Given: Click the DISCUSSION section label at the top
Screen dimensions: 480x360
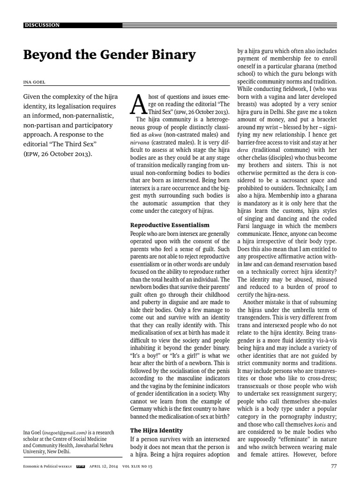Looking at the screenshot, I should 42,25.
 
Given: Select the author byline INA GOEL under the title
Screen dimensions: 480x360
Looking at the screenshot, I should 36,83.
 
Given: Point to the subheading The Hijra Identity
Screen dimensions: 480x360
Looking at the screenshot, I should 156,430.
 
